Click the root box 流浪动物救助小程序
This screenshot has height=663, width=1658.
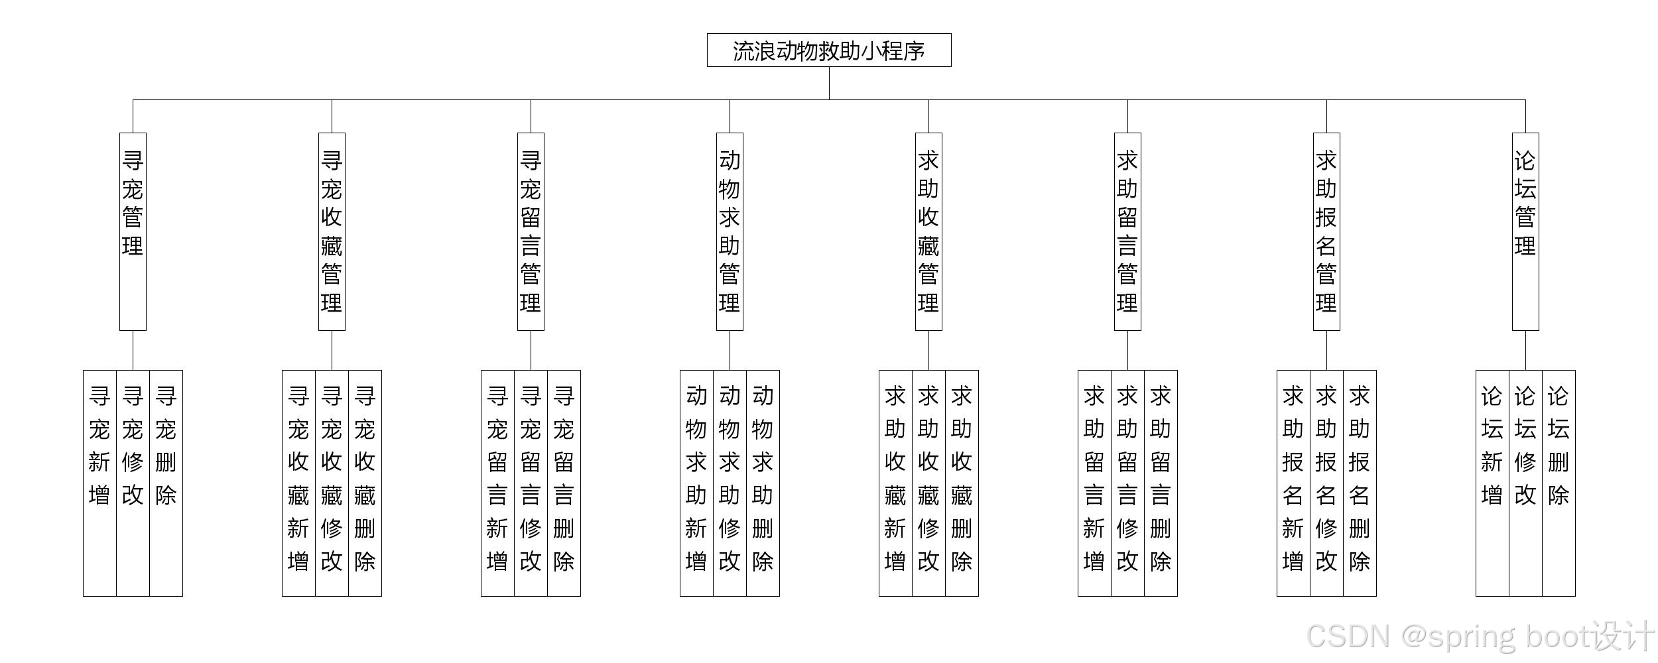tap(829, 50)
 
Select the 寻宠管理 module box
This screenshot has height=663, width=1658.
tap(133, 231)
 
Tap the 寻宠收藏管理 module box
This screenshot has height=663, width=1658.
tap(332, 231)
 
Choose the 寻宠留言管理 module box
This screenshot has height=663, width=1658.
tap(531, 231)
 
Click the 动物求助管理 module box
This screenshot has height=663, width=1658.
tap(730, 231)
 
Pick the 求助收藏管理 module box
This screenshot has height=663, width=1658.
tap(928, 231)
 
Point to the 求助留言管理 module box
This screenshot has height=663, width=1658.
tap(1127, 231)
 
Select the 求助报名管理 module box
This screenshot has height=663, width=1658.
tap(1326, 231)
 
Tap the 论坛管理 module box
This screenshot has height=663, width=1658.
tap(1525, 231)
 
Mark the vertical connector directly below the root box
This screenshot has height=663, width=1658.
tap(829, 84)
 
